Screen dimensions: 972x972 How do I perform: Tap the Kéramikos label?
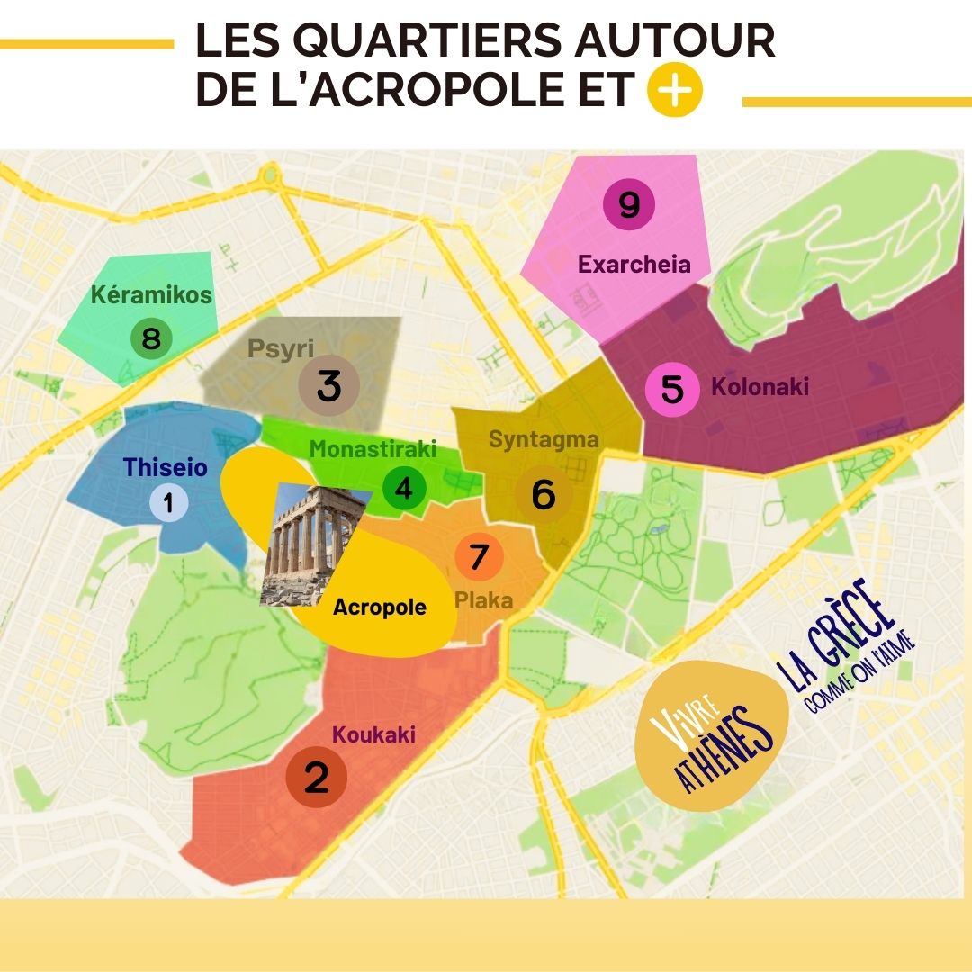click(x=151, y=294)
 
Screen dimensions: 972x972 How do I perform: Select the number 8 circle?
click(x=151, y=339)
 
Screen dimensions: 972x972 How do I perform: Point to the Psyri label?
click(x=281, y=349)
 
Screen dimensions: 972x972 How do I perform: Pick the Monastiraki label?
click(x=373, y=449)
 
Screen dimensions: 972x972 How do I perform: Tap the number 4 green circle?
click(x=404, y=488)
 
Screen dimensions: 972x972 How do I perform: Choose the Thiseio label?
click(x=165, y=468)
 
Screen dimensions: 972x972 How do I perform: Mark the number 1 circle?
click(x=168, y=502)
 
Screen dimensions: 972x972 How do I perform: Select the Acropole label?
click(x=379, y=607)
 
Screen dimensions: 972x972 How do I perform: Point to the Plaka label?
click(x=484, y=600)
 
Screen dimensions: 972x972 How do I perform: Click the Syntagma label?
click(x=544, y=440)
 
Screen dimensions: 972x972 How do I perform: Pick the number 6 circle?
click(x=543, y=494)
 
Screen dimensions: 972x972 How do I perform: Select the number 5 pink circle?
click(x=672, y=390)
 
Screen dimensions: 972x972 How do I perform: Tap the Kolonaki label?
click(x=760, y=388)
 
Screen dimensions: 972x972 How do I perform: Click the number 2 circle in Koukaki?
click(x=317, y=778)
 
